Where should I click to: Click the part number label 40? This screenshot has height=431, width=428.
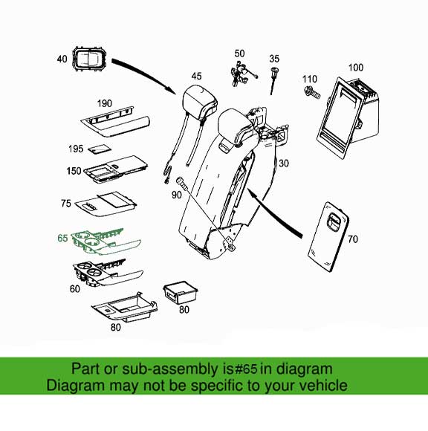coord(62,59)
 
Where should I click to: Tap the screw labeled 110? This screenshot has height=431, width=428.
coord(312,92)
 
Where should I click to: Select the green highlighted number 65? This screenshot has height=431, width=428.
coord(62,238)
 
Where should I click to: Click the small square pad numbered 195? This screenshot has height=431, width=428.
coord(100,149)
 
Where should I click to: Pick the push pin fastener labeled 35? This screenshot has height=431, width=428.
coord(273,80)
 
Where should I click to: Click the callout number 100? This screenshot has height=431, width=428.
coord(356,68)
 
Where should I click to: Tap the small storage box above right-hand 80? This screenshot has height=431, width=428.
coord(181,293)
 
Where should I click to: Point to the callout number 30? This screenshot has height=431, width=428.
coord(284,163)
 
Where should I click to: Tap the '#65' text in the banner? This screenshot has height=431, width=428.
coord(245,369)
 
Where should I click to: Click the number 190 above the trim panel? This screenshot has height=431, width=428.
coord(105,103)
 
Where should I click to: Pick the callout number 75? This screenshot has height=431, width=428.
coord(66,204)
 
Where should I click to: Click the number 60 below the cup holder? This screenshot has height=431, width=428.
coord(75,289)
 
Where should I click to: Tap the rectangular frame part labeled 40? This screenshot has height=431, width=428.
coord(90,59)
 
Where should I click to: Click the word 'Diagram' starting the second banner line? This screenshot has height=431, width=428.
coord(75,386)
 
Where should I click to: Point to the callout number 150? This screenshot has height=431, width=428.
coord(74,171)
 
